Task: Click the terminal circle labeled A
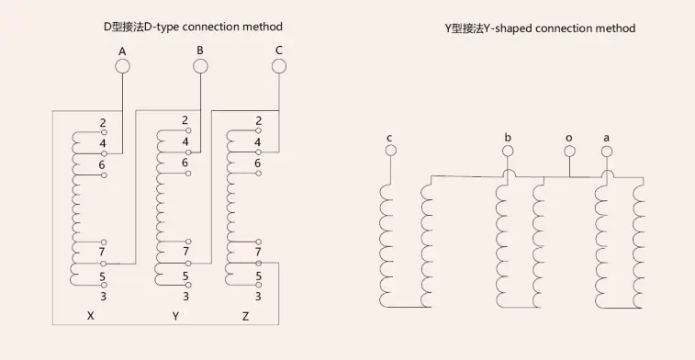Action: [x=122, y=65]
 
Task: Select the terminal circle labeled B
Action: [x=200, y=65]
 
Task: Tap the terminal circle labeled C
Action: [x=279, y=65]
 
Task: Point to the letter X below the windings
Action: [x=90, y=316]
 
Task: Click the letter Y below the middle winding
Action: [x=175, y=316]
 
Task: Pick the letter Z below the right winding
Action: [x=245, y=316]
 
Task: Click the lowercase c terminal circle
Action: [x=390, y=151]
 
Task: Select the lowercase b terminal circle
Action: [x=508, y=151]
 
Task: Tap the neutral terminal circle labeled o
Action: [x=569, y=151]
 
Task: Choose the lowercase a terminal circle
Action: [x=606, y=151]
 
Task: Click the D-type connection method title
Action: [x=192, y=28]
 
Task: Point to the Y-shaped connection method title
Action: [x=540, y=28]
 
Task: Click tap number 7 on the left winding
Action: [x=102, y=251]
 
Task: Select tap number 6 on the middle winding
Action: [x=185, y=163]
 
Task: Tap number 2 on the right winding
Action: [x=258, y=120]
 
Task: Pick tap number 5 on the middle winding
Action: [x=185, y=276]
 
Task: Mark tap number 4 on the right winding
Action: [x=258, y=141]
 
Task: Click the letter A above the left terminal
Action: [x=122, y=50]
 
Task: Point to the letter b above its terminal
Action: [x=508, y=137]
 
